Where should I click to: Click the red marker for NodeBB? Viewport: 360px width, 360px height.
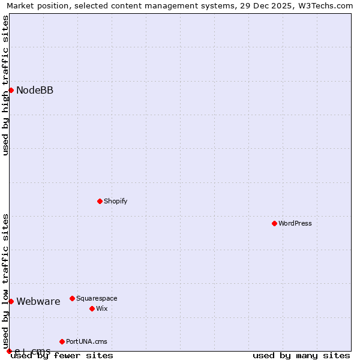11,90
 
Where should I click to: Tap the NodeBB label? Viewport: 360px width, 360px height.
35,91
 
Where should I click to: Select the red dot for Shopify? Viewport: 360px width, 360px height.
100,201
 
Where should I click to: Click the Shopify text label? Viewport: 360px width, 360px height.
115,202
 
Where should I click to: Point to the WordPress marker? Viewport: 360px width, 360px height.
274,223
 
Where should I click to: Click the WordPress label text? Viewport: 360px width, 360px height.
295,224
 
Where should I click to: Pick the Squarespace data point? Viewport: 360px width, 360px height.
72,298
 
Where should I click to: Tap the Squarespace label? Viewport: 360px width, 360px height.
97,299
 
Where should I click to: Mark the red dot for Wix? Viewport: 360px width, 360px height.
92,308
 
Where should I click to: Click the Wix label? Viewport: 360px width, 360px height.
101,309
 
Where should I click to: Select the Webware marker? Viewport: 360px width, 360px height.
11,301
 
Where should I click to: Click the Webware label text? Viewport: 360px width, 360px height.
38,302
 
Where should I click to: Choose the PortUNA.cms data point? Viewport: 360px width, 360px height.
62,341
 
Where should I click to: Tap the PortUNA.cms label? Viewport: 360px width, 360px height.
86,342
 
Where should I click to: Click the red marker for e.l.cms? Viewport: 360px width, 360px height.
9,351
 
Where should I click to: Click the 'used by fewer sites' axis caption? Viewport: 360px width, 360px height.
62,356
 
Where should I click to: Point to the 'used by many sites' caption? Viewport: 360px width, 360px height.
301,356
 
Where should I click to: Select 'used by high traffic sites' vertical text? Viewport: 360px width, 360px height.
5,85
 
